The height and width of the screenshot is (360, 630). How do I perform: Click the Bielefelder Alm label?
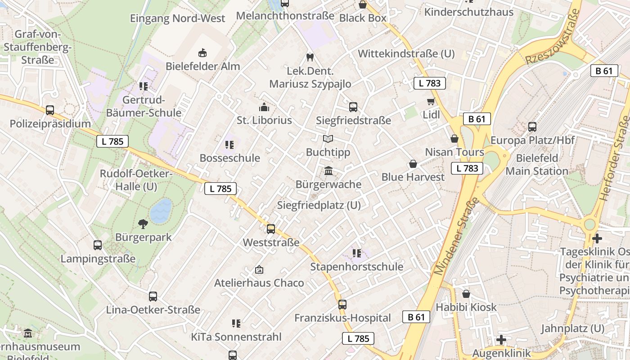202,66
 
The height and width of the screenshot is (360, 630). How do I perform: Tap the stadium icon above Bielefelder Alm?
202,53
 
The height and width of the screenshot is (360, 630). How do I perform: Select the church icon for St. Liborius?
264,107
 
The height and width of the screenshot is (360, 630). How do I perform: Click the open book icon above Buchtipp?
328,139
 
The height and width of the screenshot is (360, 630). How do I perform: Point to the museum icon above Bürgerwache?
328,171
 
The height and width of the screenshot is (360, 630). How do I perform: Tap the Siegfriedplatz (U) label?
319,205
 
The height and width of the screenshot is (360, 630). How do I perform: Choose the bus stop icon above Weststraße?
271,229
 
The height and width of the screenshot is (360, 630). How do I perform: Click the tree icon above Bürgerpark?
143,224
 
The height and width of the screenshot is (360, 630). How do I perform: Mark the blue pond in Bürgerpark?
161,211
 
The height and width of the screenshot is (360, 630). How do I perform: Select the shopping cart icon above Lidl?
431,102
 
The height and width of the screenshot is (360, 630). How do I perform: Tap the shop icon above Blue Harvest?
413,164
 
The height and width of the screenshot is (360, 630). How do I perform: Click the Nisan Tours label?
454,152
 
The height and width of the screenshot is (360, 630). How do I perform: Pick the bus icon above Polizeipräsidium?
50,110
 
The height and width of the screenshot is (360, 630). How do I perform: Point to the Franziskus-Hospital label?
342,318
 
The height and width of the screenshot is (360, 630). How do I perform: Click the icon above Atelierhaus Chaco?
259,270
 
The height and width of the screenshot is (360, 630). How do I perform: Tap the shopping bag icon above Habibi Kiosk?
466,294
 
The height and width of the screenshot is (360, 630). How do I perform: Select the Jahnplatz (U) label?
572,328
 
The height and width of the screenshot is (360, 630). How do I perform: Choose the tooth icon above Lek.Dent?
310,57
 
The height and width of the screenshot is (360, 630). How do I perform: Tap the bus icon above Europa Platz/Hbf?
532,127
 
